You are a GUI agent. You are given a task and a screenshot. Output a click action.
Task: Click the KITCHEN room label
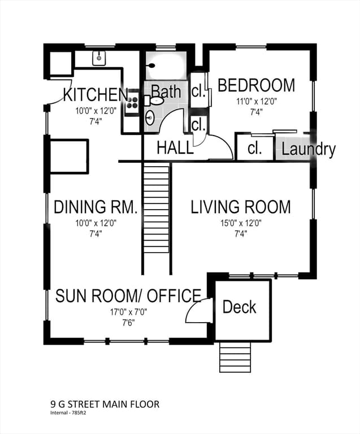96,94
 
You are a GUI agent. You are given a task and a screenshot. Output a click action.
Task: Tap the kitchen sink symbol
99,58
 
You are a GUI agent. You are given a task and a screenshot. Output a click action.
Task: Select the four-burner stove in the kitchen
132,102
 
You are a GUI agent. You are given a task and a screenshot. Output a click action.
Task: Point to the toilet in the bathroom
154,100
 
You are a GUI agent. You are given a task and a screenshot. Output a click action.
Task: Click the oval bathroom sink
150,118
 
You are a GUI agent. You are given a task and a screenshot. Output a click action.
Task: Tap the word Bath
166,92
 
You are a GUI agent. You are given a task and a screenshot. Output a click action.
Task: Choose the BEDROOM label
256,85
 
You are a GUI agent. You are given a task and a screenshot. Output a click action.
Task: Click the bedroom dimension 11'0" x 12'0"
256,102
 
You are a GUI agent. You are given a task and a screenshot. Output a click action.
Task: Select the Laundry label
309,149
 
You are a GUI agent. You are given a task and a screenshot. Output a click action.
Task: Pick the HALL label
175,147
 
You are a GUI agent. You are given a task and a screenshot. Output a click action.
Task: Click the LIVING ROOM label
241,207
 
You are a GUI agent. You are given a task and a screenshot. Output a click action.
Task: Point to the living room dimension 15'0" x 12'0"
241,223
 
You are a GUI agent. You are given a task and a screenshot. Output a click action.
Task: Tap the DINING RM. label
96,207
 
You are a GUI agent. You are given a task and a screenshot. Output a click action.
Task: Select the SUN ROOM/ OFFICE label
128,296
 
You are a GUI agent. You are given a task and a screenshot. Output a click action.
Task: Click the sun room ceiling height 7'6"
128,323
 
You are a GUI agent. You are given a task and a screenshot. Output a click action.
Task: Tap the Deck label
240,307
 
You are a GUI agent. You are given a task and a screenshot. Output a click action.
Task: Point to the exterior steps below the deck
235,357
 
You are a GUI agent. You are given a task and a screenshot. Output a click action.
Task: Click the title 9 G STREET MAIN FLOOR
105,405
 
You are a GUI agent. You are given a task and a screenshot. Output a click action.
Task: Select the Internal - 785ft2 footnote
67,413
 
